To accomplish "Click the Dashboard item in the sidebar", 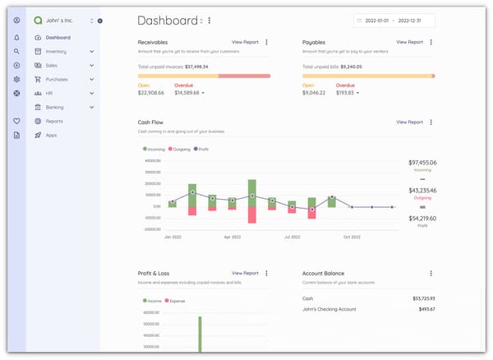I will [x=57, y=38].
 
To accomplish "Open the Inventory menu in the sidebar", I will [x=56, y=52].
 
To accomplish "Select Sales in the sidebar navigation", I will [x=52, y=66].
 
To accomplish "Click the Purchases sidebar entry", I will [x=57, y=80].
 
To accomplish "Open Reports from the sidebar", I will [x=54, y=121].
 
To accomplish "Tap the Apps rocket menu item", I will [x=51, y=135].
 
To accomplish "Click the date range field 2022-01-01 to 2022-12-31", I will [x=394, y=21].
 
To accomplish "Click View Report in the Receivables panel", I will [x=245, y=41].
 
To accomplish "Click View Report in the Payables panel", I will [x=409, y=41].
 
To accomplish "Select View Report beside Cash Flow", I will [x=409, y=122].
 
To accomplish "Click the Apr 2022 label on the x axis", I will [x=233, y=237].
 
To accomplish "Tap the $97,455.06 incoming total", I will [x=422, y=163].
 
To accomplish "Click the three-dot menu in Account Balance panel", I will [x=431, y=273].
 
